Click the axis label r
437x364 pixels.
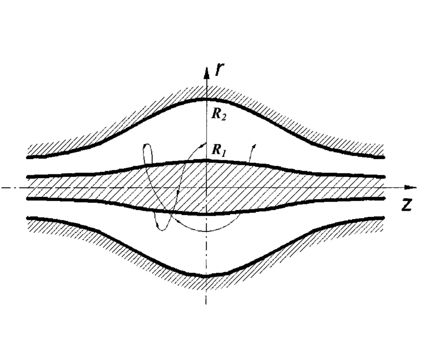[x=219, y=69]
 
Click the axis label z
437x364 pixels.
[x=406, y=205]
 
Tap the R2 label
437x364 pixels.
[x=219, y=115]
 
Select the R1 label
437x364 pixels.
[x=219, y=150]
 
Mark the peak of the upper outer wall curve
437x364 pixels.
[x=206, y=99]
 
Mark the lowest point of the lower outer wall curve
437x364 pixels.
[x=206, y=276]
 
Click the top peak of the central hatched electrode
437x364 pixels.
[x=206, y=160]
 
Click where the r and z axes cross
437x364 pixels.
[x=206, y=188]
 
